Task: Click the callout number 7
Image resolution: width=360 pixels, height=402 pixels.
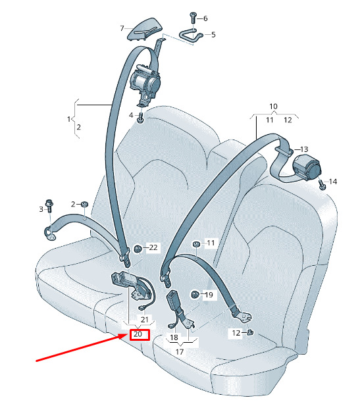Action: [122, 28]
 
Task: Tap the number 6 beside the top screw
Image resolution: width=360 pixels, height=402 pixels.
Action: [205, 18]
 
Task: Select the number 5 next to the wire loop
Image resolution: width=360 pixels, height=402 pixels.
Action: [213, 35]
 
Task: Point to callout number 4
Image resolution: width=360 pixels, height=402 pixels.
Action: [131, 115]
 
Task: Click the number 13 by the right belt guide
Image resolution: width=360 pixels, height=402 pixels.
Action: [304, 149]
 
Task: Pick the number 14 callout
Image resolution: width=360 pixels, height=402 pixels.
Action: [333, 182]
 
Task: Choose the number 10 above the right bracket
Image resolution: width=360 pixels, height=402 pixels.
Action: [273, 106]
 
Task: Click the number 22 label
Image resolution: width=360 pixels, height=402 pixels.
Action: [153, 247]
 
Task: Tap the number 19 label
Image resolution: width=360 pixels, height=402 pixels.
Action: [209, 295]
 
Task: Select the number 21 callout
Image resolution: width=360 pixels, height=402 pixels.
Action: [145, 320]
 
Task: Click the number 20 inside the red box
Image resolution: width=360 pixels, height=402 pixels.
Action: [138, 334]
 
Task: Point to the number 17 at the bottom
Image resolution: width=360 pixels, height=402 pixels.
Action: [180, 352]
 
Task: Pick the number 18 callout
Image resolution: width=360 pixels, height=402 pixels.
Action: [174, 338]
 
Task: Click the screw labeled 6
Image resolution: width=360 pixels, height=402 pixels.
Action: [193, 17]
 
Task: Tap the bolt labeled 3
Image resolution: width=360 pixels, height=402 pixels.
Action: [49, 206]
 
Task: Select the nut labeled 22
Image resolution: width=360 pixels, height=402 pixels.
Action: [138, 249]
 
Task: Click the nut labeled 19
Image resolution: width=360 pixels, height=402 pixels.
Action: [195, 295]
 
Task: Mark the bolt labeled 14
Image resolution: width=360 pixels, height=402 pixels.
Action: [322, 185]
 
